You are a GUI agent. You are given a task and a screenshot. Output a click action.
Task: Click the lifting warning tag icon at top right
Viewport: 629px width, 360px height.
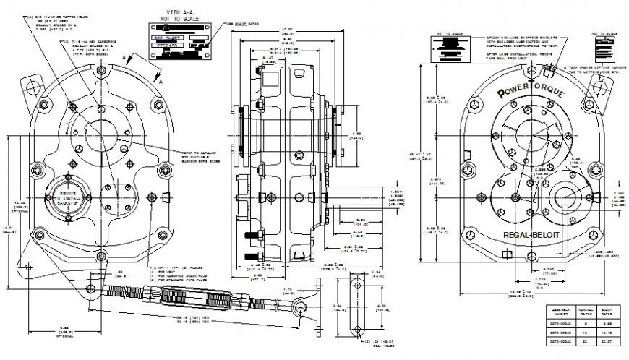[602, 50]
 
